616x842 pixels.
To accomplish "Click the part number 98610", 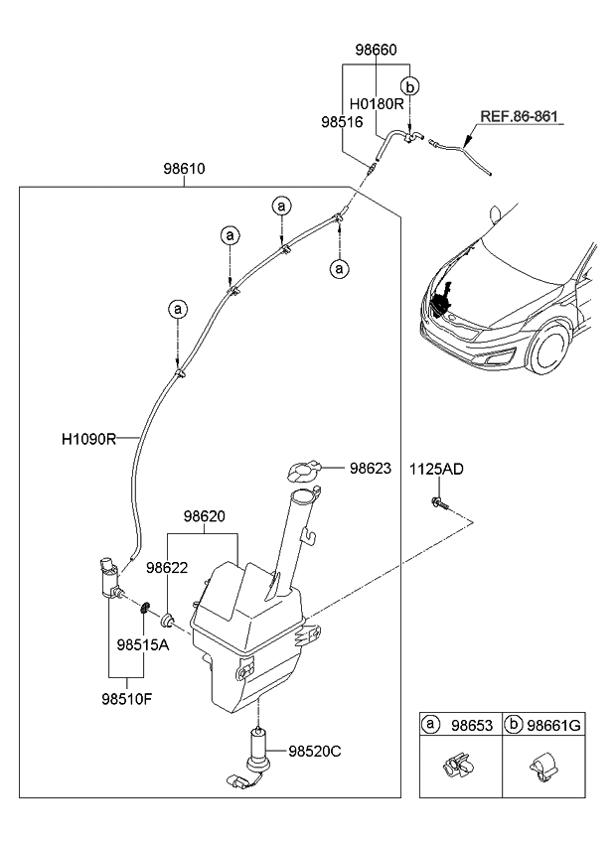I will pos(184,169).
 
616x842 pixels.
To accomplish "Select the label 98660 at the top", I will pos(378,49).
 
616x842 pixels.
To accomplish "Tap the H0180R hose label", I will pos(377,103).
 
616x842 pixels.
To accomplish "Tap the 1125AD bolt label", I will pos(437,470).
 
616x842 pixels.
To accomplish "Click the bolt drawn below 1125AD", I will pos(438,504).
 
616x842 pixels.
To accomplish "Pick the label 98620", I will pos(205,517).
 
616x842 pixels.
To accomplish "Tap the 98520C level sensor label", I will pos(316,752).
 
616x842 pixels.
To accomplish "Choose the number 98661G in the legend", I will pos(554,726).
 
